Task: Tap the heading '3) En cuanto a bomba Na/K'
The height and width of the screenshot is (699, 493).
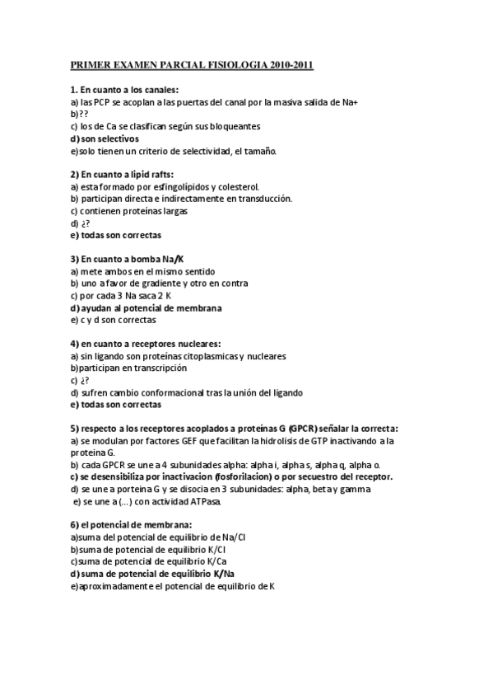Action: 126,259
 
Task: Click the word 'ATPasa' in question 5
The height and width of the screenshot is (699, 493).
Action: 203,501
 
